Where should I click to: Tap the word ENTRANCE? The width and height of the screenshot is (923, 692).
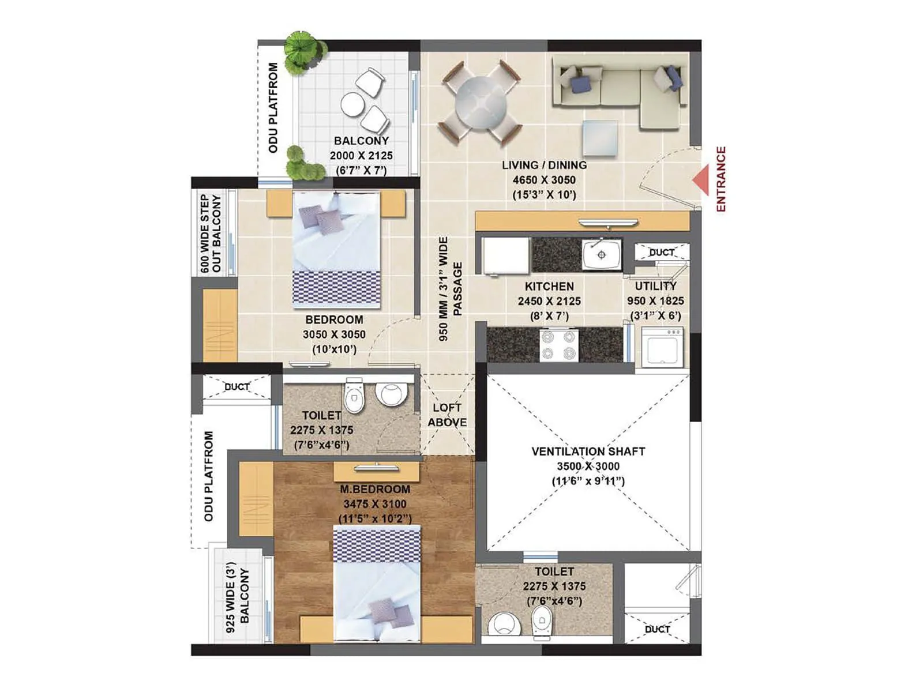pyautogui.click(x=721, y=179)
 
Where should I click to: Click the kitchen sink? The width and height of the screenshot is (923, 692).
pyautogui.click(x=602, y=254)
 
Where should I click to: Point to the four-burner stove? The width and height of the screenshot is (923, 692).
pyautogui.click(x=558, y=345)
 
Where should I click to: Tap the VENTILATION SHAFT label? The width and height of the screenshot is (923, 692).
pyautogui.click(x=588, y=452)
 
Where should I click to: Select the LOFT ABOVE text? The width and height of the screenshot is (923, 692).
pyautogui.click(x=447, y=415)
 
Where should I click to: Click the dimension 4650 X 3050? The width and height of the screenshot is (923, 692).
pyautogui.click(x=544, y=180)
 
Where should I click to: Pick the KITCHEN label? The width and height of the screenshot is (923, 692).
pyautogui.click(x=549, y=286)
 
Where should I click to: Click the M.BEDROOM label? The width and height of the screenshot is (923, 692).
pyautogui.click(x=375, y=489)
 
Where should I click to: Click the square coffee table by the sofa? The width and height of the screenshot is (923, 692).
pyautogui.click(x=599, y=138)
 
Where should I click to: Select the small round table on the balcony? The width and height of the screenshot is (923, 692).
pyautogui.click(x=351, y=104)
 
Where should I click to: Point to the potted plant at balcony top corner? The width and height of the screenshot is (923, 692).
pyautogui.click(x=303, y=51)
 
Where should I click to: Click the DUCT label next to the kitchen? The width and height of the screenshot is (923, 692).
pyautogui.click(x=661, y=253)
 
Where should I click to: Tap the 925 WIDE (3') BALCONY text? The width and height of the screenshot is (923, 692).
pyautogui.click(x=237, y=600)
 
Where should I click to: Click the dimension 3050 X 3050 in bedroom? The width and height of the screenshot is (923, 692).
pyautogui.click(x=334, y=334)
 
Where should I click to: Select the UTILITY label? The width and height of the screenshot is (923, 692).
pyautogui.click(x=655, y=286)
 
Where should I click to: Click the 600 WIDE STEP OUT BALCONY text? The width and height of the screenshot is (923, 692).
pyautogui.click(x=211, y=234)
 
